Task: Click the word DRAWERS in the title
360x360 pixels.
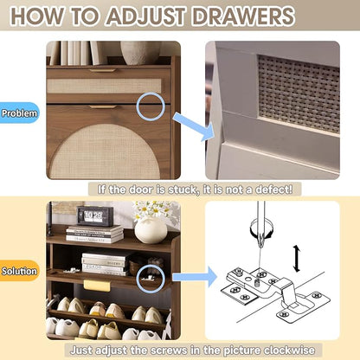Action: coord(243,16)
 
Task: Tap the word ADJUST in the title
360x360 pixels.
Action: coord(145,16)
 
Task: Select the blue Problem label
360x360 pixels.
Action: coord(19,112)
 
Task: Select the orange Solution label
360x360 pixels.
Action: coord(19,271)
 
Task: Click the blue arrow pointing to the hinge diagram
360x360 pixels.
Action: coord(195,277)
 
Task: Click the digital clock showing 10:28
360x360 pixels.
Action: coord(95,216)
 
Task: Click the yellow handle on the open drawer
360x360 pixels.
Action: coord(97,285)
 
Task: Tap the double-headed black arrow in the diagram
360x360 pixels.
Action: coord(297,259)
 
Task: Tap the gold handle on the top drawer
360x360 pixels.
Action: coord(102,70)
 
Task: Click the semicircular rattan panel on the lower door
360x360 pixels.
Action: coord(105,151)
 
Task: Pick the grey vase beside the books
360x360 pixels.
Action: coord(141,53)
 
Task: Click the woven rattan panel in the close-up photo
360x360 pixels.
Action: coord(299,93)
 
